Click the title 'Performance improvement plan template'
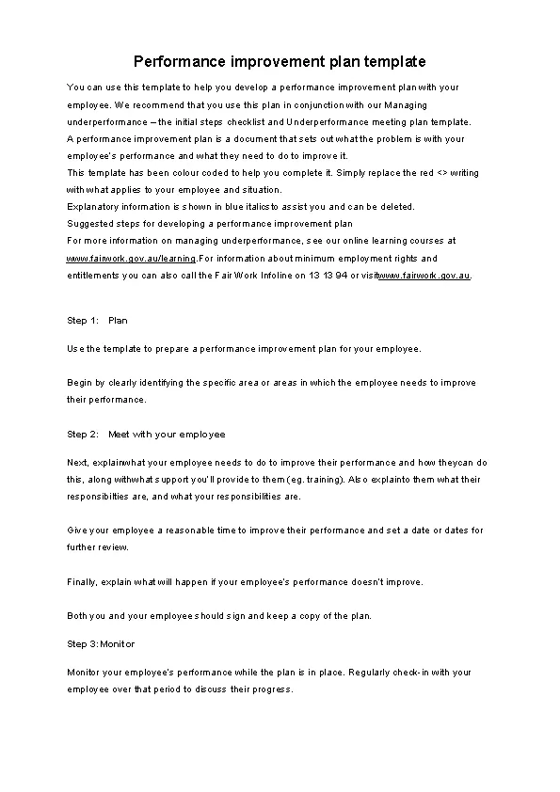(x=280, y=62)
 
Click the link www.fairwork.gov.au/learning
(x=131, y=259)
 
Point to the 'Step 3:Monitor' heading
(x=102, y=644)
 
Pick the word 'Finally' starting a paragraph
(x=81, y=581)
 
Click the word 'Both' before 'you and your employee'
(x=77, y=616)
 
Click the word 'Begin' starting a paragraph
(x=79, y=383)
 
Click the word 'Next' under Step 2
(x=77, y=463)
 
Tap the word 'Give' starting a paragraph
(x=77, y=531)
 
